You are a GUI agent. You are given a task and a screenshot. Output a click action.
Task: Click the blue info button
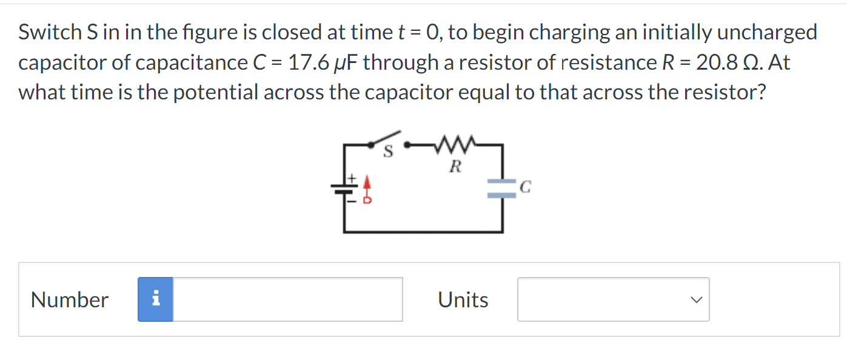pos(155,299)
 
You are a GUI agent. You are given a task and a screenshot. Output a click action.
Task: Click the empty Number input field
pos(288,299)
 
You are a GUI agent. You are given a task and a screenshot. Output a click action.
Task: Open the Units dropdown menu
pos(613,299)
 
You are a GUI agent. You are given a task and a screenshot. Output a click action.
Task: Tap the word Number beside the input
pos(70,299)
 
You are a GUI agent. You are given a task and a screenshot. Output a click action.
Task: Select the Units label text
pos(463,299)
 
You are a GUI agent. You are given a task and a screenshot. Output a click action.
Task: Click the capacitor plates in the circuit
pos(501,188)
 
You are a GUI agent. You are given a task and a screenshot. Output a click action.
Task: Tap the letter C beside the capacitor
pos(526,188)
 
